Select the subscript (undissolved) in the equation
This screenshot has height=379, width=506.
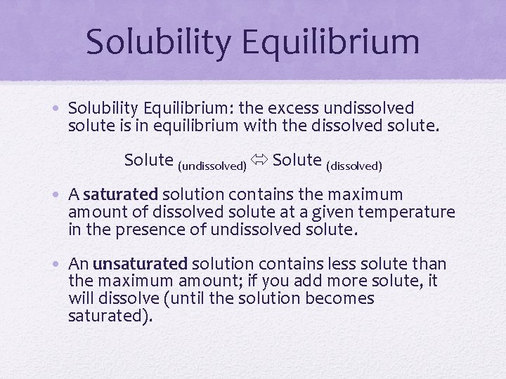(x=212, y=166)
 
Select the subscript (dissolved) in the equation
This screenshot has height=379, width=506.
(x=354, y=166)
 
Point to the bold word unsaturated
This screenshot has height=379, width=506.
(x=140, y=265)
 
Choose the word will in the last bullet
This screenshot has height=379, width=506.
(x=81, y=298)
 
